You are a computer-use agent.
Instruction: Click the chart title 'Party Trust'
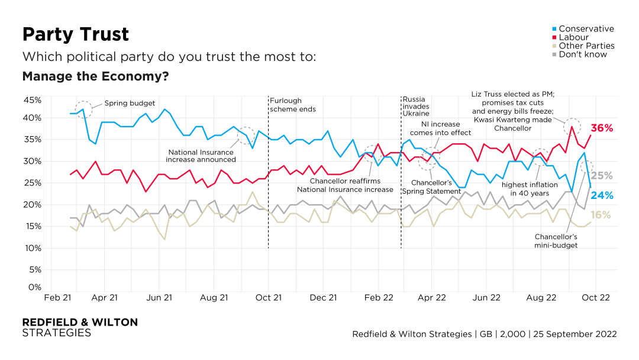click(75, 34)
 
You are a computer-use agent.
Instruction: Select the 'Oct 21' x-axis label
click(268, 298)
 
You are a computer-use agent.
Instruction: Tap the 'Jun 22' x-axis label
click(487, 298)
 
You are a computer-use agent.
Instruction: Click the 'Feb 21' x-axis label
click(57, 298)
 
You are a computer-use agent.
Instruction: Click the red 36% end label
click(602, 128)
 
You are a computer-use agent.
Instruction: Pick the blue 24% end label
click(602, 195)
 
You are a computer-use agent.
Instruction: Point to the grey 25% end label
click(602, 175)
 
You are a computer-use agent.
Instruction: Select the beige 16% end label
click(602, 215)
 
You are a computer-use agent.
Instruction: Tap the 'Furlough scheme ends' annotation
click(292, 105)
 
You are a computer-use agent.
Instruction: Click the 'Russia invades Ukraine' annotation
click(416, 105)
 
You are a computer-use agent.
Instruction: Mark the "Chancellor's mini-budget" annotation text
click(556, 240)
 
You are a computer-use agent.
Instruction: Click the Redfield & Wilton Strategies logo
click(79, 327)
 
